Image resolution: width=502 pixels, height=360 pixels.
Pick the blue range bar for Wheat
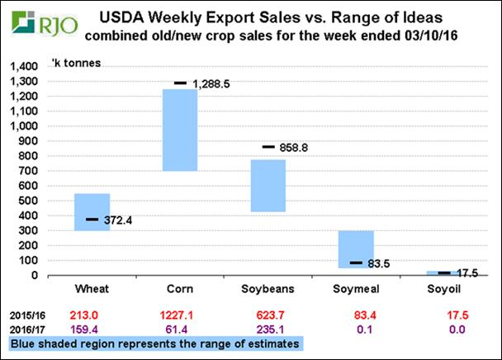coord(92,212)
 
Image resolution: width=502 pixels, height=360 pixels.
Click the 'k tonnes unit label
coord(73,63)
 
